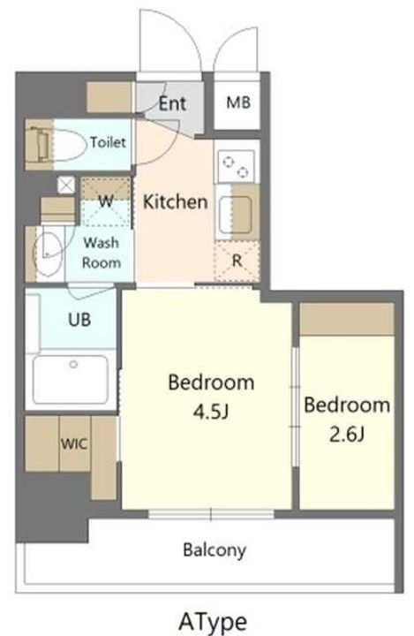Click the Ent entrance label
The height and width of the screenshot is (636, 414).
click(x=172, y=103)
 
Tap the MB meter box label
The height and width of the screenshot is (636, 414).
click(x=238, y=102)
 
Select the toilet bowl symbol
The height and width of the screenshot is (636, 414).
click(x=70, y=144)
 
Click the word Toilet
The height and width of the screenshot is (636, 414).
click(x=108, y=142)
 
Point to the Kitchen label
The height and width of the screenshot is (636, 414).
click(x=175, y=201)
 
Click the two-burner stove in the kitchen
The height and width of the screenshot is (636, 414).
click(x=237, y=166)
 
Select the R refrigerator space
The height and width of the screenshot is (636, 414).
click(x=237, y=261)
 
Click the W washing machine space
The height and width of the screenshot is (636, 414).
click(x=106, y=201)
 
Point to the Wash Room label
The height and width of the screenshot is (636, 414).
click(x=102, y=253)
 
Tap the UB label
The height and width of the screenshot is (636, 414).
click(x=79, y=320)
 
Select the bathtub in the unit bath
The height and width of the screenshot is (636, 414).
click(x=71, y=379)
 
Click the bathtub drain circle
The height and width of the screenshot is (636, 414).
click(x=73, y=364)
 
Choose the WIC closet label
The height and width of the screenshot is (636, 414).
click(x=74, y=443)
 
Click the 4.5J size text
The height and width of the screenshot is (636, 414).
click(x=211, y=412)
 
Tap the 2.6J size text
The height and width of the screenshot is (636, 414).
click(x=347, y=435)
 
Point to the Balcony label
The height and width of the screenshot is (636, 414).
click(x=215, y=550)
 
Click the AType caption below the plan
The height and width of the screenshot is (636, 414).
click(x=213, y=621)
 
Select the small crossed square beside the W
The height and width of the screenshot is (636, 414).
click(x=66, y=185)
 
